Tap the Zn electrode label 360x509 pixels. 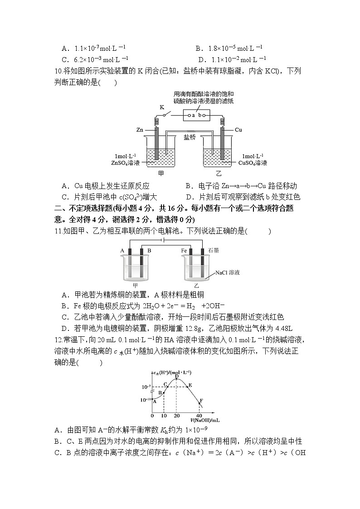coord(140,130)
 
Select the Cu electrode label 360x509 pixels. coord(238,130)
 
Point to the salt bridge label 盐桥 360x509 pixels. coord(190,137)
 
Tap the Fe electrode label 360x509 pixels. coord(184,250)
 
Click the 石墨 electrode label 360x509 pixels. coord(214,250)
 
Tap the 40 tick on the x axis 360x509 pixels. coord(199,416)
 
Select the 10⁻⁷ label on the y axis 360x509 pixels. coord(146,387)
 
